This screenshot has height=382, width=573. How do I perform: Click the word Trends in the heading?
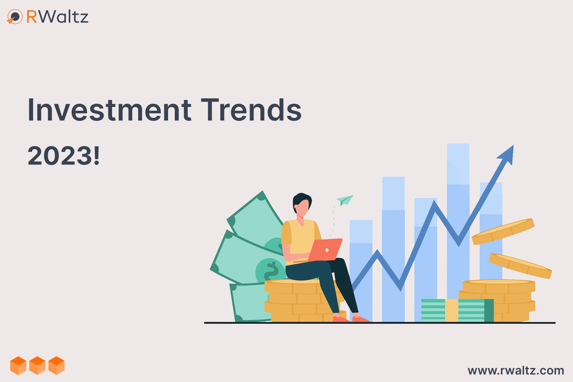251,110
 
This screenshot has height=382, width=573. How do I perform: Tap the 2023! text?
64,156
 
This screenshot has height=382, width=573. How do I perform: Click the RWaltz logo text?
57,17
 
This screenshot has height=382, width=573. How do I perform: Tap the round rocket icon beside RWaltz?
15,17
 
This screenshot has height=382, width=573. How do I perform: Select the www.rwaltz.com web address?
516,371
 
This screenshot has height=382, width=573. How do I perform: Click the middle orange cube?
38,365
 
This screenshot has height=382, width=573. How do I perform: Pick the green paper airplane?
345,200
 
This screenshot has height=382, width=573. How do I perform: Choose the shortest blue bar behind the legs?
361,271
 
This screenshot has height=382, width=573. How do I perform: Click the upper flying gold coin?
503,231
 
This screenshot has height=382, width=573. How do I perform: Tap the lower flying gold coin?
520,265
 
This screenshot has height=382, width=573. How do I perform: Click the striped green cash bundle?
457,310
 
